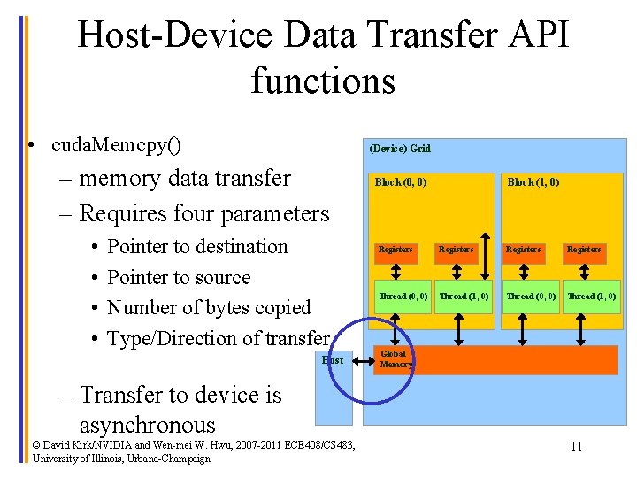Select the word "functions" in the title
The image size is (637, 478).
[x=323, y=81]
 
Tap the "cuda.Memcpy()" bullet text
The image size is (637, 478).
[x=117, y=143]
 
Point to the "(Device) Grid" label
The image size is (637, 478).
[x=400, y=149]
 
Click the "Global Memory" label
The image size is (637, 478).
[x=395, y=358]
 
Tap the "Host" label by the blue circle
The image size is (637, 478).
[x=333, y=360]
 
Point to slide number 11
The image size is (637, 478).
[x=576, y=446]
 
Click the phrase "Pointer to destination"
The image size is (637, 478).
[x=197, y=247]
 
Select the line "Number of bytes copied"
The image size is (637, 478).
[x=209, y=308]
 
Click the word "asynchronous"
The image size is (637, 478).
[x=147, y=425]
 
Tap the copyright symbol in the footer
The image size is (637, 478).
[x=36, y=444]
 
